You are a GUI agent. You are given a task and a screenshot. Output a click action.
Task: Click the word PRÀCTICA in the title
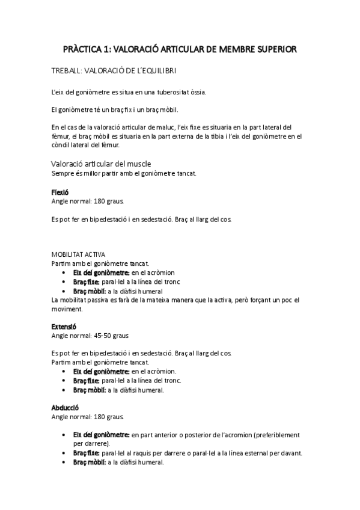click(x=82, y=49)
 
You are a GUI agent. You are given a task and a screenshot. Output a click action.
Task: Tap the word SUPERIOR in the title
click(x=272, y=49)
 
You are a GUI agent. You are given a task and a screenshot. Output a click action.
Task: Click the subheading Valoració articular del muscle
click(x=100, y=164)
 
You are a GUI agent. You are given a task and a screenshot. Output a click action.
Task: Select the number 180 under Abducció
click(x=100, y=416)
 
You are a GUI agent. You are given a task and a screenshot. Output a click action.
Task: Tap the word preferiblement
click(x=278, y=434)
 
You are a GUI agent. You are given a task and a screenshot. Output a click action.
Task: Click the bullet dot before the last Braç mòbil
click(x=64, y=462)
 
